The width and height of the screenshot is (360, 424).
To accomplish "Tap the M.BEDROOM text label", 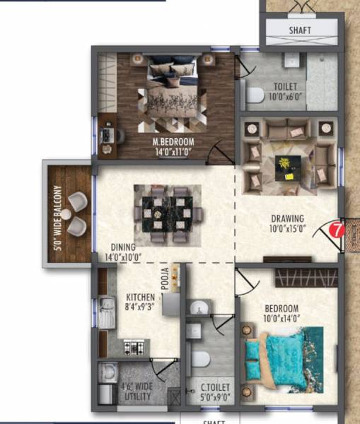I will tap(173, 141).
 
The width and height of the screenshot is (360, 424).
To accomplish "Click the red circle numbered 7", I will tap(337, 230).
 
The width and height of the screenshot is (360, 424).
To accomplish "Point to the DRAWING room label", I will tap(286, 218).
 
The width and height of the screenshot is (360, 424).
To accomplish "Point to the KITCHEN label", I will tap(140, 298).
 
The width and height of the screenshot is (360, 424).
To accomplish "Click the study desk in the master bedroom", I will tap(106, 134).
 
